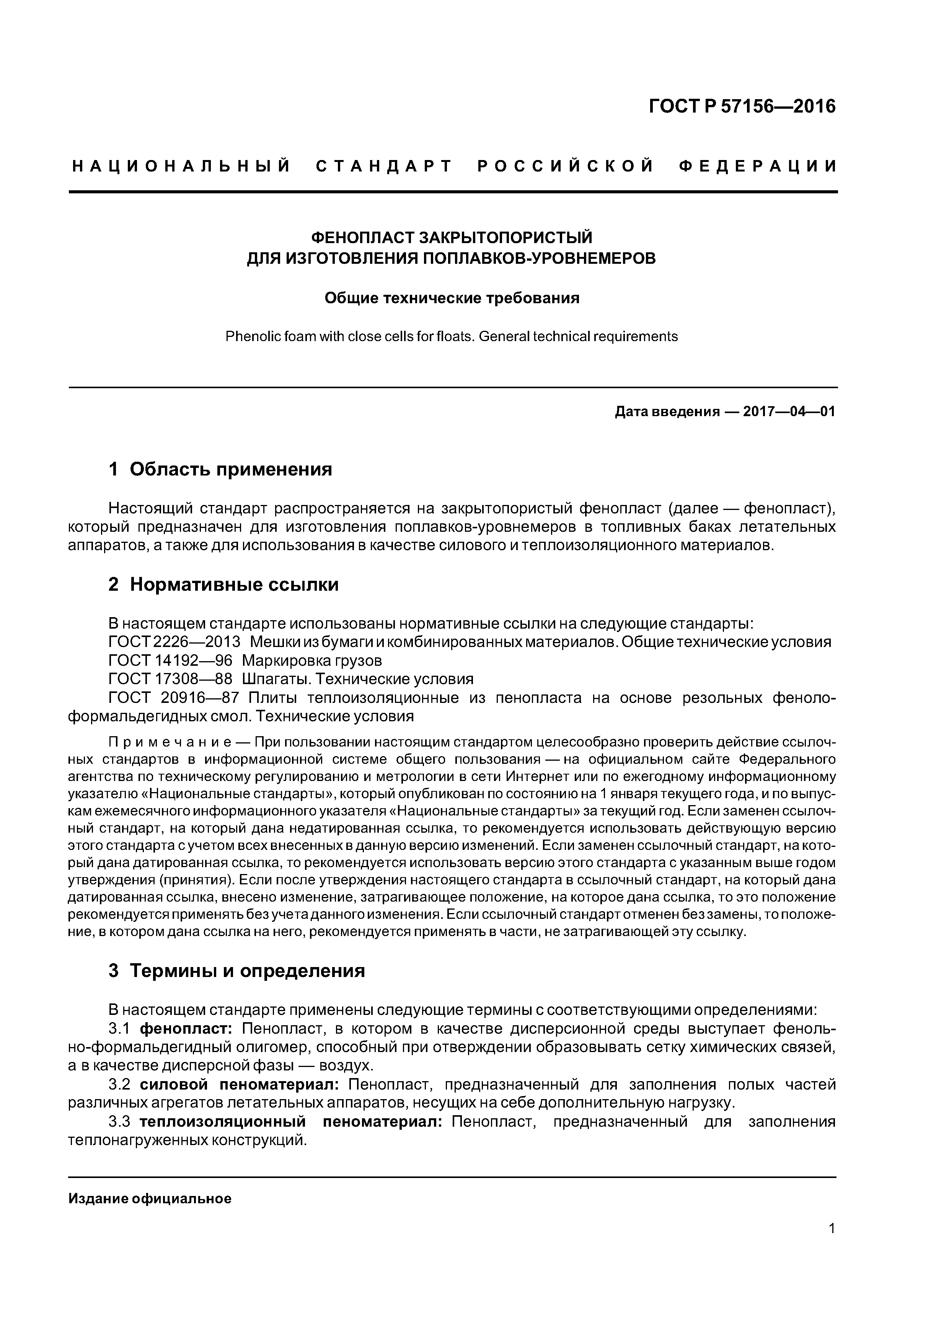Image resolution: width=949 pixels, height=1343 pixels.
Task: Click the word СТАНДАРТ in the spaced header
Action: tap(384, 167)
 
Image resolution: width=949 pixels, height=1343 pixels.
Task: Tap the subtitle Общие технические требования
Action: tap(452, 298)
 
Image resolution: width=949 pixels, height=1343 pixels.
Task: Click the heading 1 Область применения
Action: tap(220, 469)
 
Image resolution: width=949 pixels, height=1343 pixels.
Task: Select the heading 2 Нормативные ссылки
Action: tap(223, 584)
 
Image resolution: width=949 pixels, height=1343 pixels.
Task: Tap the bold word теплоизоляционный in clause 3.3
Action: tap(223, 1122)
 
